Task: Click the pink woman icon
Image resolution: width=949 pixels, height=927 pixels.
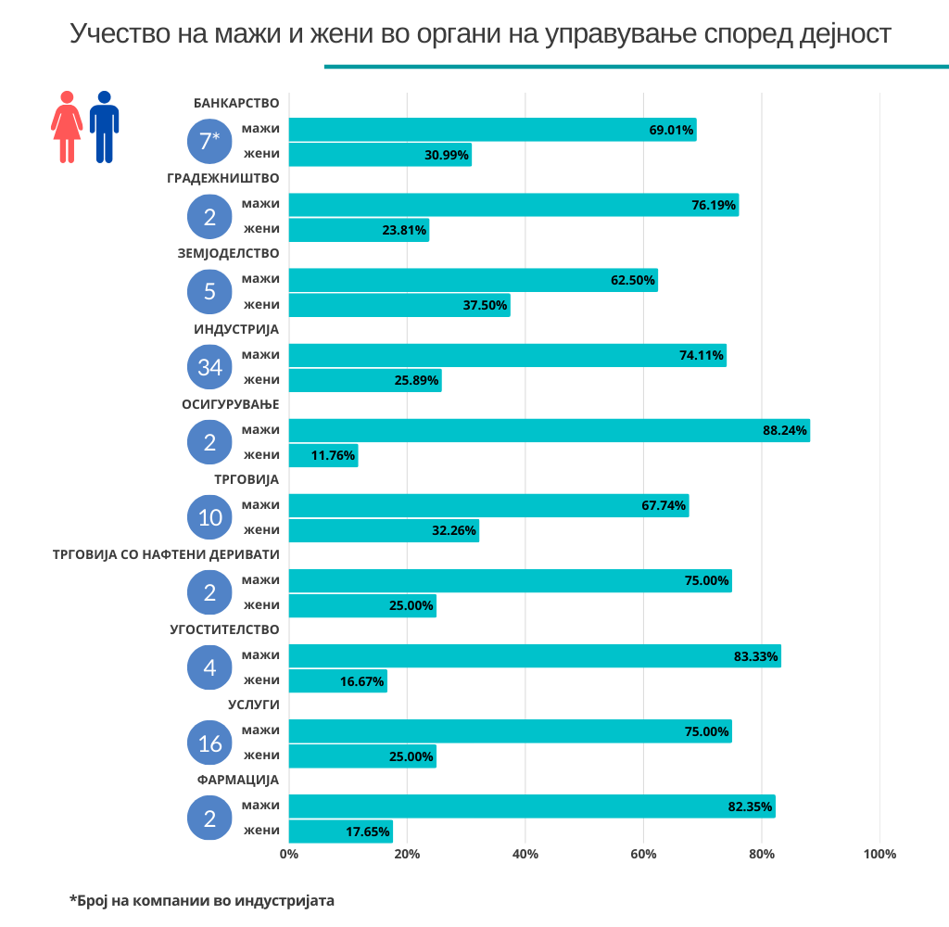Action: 67,127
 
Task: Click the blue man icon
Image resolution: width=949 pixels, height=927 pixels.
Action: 104,127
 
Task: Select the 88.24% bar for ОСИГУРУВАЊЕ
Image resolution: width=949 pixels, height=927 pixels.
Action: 549,430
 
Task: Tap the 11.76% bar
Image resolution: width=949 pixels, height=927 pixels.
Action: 323,455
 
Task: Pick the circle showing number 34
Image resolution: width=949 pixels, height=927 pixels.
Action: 210,367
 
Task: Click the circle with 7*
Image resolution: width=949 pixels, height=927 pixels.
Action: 210,141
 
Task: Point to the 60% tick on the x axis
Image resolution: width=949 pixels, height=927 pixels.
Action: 643,854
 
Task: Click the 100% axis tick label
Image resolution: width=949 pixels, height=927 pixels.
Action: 879,854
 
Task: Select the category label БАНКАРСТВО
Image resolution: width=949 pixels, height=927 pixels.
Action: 236,103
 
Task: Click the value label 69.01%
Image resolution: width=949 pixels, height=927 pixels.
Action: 671,130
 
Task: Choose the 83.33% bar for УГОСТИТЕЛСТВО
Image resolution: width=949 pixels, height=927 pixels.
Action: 535,656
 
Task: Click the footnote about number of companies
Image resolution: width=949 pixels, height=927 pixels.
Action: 201,900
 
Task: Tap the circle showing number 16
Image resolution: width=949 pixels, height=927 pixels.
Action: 210,743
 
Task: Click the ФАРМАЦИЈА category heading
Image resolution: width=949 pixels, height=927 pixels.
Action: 238,781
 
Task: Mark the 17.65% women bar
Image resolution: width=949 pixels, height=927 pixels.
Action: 340,832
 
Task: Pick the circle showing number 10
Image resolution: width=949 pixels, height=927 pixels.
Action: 210,517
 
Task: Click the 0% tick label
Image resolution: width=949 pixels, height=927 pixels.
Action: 289,854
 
